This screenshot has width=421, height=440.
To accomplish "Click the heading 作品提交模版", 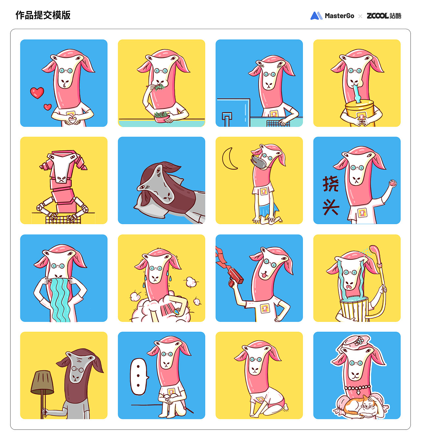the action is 43,15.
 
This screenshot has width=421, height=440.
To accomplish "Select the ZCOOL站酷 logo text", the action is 384,15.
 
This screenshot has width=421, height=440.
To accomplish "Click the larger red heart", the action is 37,93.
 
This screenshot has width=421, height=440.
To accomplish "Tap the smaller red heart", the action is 47,107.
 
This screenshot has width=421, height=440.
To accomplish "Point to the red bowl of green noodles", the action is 161,116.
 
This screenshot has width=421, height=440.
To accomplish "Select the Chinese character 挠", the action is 331,184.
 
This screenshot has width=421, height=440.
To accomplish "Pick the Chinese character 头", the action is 331,207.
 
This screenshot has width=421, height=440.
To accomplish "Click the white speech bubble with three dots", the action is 138,376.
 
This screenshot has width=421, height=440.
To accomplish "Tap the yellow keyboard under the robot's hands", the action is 63,220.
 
